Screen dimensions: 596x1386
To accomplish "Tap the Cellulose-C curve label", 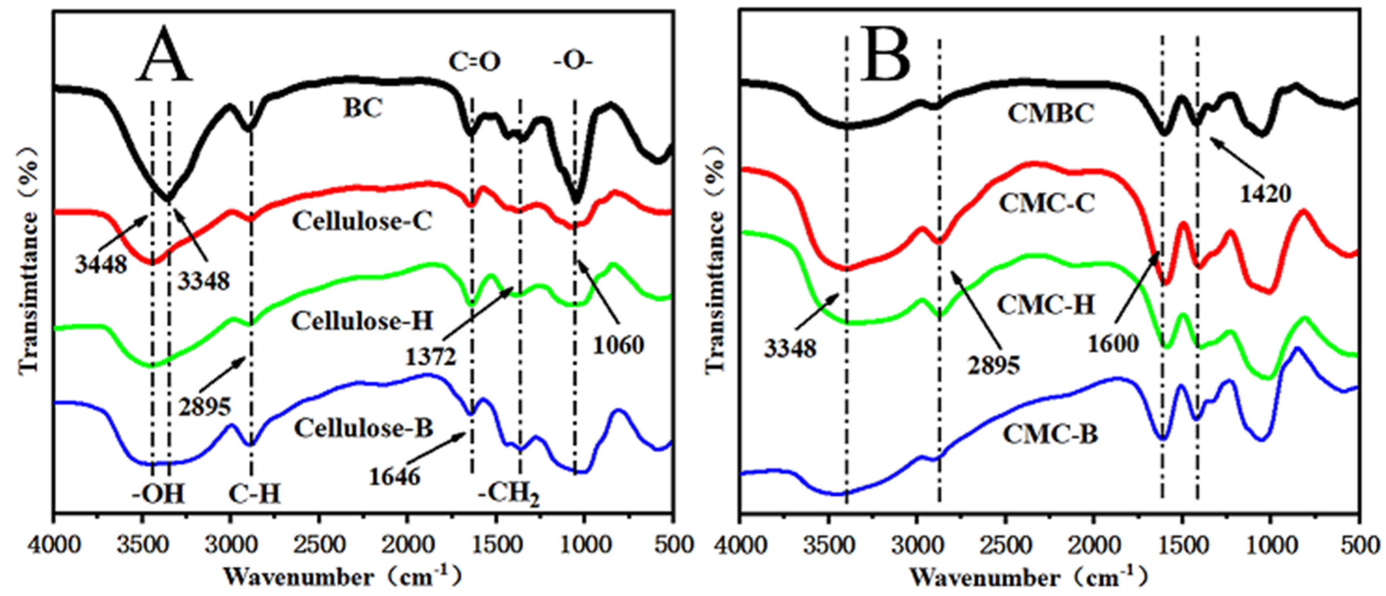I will [362, 221].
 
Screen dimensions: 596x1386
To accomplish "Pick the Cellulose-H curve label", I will [362, 321].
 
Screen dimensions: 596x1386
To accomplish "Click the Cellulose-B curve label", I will [364, 429].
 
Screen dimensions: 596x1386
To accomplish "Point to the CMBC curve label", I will [1051, 114].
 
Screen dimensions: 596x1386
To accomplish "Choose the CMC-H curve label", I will [1046, 305].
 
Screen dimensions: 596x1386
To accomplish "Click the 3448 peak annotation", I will [101, 264].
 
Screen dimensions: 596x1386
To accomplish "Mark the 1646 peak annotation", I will [394, 477].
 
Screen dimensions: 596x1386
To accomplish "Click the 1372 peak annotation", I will [430, 357].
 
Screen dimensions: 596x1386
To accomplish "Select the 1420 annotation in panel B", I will [1266, 194].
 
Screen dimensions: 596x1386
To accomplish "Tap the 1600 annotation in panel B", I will [1113, 343].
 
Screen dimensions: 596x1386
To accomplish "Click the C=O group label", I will [474, 62].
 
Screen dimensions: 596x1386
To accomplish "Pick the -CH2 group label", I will [508, 493].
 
